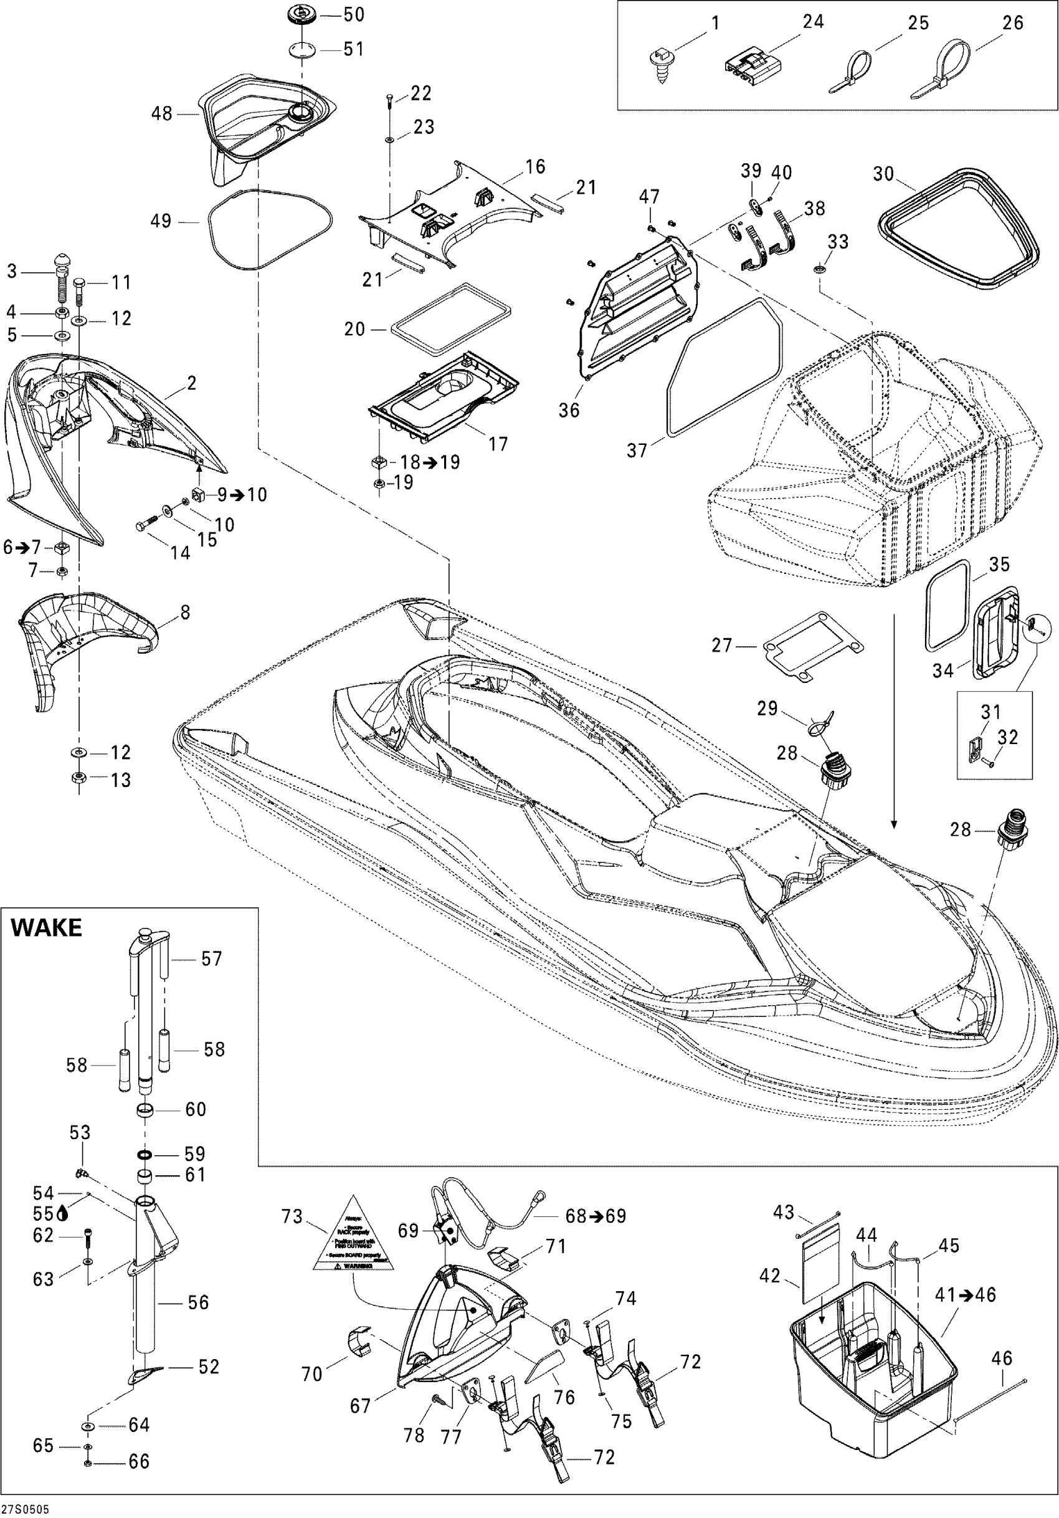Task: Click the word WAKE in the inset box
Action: [46, 928]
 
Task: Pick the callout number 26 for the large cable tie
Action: [1012, 23]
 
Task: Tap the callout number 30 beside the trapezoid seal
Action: [883, 174]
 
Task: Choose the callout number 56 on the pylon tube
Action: [197, 1302]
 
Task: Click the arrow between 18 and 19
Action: [431, 462]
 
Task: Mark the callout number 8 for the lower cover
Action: [184, 613]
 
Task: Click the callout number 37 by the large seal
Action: [637, 451]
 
